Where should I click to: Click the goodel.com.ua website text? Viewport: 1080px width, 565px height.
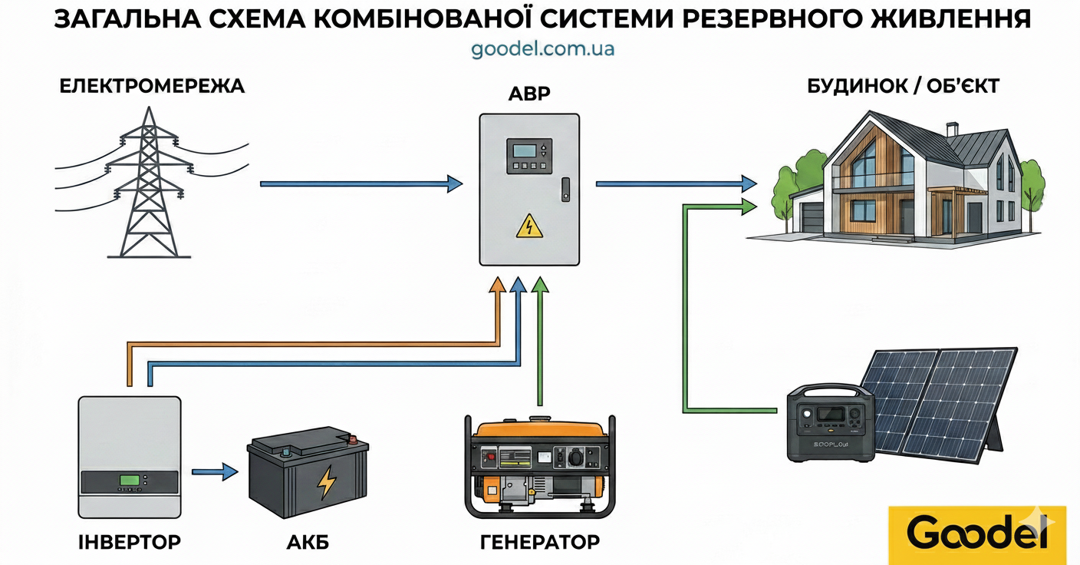click(542, 49)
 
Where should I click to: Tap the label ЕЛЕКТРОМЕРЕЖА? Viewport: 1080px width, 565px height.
click(152, 86)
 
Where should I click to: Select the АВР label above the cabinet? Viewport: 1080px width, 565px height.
click(529, 94)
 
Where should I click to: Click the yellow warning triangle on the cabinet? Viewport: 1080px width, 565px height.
click(528, 226)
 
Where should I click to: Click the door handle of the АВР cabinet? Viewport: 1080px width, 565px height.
click(565, 190)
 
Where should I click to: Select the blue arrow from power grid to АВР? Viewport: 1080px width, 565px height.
click(361, 184)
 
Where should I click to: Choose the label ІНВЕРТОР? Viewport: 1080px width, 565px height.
click(130, 542)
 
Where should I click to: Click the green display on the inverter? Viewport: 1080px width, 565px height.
click(129, 481)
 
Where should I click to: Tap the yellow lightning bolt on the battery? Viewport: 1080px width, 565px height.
click(327, 481)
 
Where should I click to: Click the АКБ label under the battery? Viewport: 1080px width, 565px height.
click(308, 543)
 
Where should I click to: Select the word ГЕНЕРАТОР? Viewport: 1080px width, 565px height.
click(540, 543)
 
